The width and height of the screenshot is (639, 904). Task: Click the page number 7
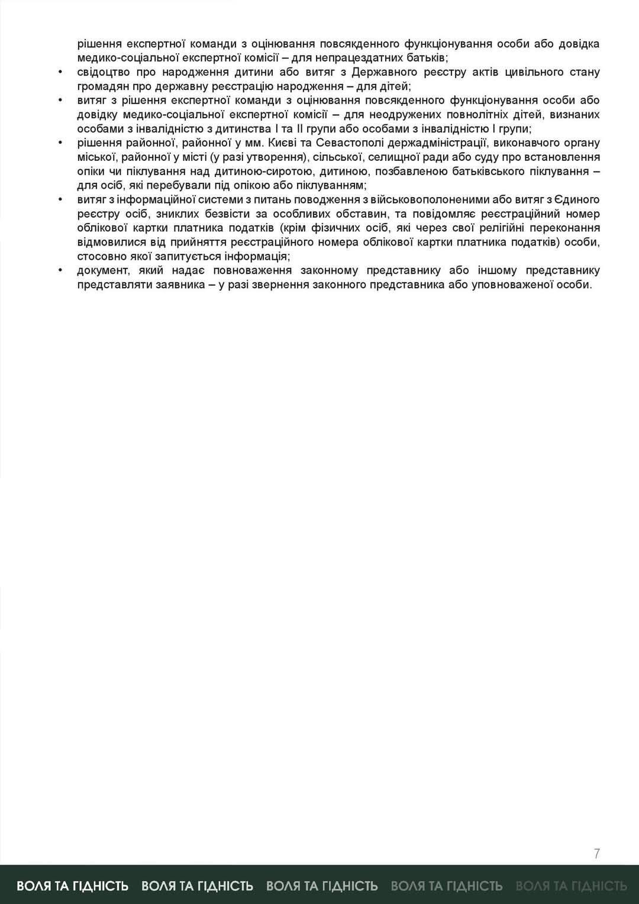tap(596, 853)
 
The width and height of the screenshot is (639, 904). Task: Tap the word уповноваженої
tap(512, 285)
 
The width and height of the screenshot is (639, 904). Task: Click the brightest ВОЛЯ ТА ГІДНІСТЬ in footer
tap(73, 886)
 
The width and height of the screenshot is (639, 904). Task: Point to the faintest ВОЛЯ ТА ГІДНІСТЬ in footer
tap(571, 886)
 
